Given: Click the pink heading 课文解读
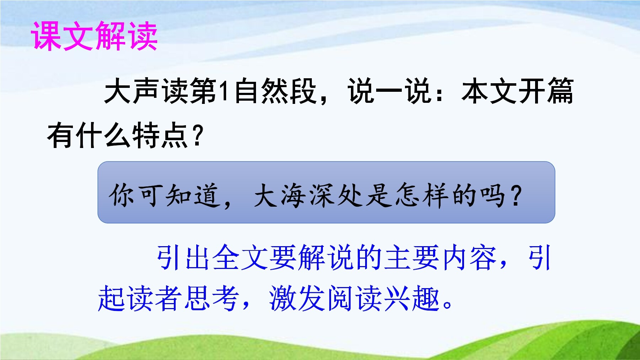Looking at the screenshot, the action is coord(95,36).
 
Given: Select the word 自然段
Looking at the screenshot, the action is coord(275,91).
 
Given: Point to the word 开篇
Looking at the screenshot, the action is coord(546,91).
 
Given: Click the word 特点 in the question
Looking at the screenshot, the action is coord(160,135).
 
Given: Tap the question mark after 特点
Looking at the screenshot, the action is coord(197,136).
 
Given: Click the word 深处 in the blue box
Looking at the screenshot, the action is coord(336,195).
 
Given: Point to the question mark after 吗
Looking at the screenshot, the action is coord(516,195).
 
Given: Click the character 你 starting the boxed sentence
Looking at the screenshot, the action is coord(122,195).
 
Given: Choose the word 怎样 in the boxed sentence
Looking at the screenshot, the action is coord(422,195).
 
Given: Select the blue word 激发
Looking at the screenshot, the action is coord(297,298).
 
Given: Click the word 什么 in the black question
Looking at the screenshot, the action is coord(103,135).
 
